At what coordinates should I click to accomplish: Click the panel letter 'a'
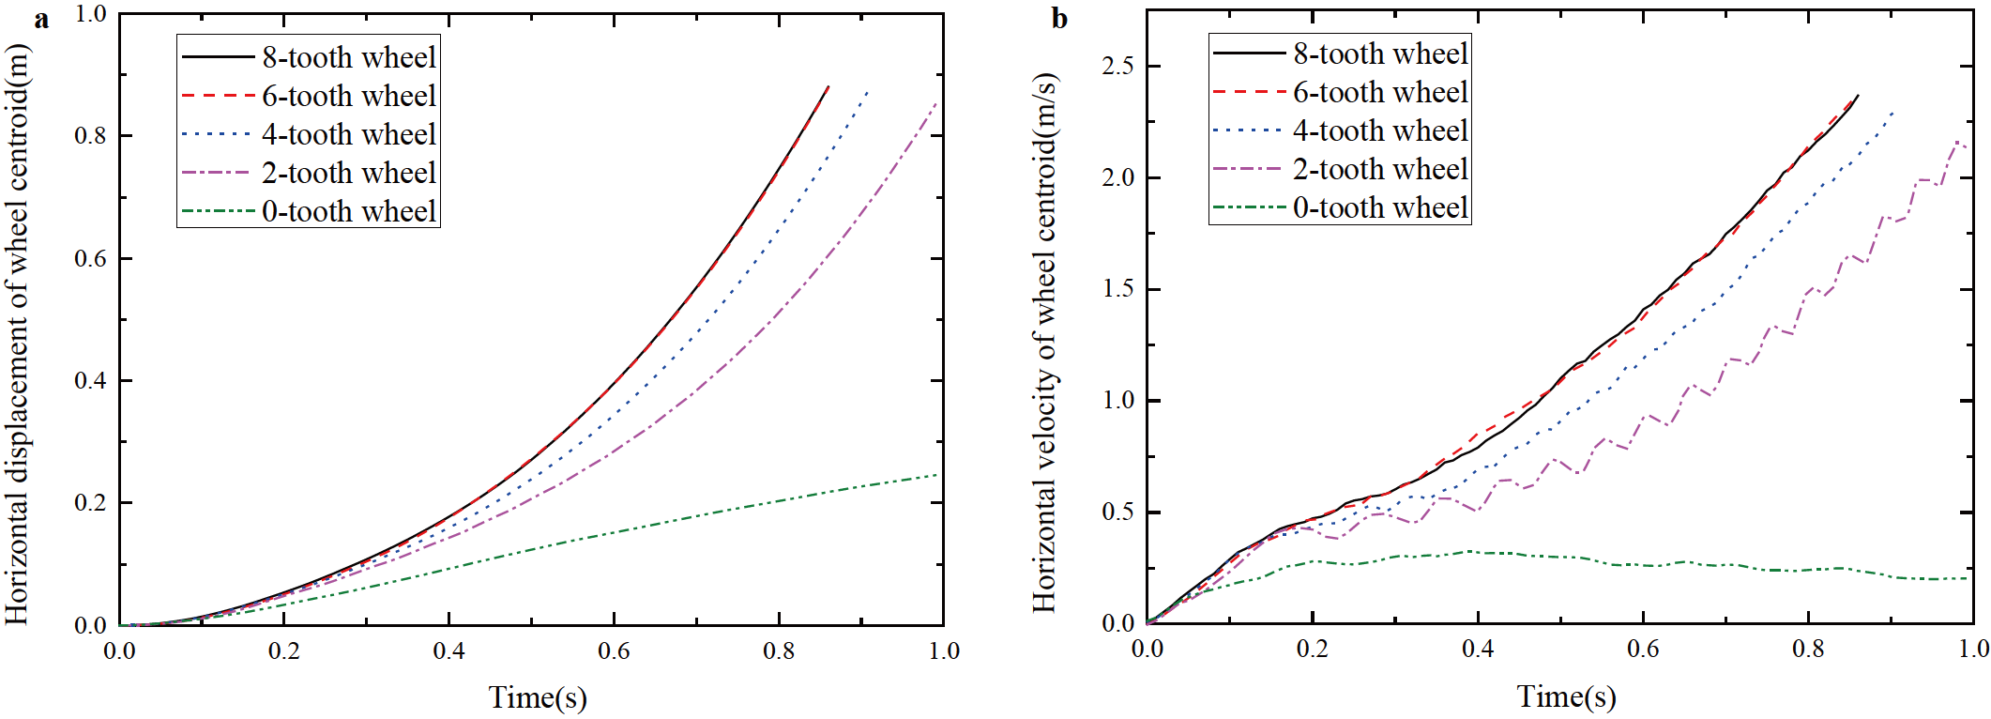click(40, 20)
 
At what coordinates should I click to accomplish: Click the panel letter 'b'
click(1059, 19)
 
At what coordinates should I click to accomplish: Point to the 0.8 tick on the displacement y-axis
click(91, 136)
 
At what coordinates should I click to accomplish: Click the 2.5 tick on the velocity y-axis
click(1117, 66)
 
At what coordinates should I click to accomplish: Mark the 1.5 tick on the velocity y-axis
click(1117, 289)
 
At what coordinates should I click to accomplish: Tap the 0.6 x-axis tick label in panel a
click(614, 650)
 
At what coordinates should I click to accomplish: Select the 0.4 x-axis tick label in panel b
click(1477, 649)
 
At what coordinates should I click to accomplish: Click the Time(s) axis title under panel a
click(538, 697)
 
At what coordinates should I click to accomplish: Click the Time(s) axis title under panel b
click(1566, 696)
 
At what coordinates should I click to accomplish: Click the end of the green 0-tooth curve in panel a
click(936, 475)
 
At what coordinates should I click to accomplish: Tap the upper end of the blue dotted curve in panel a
click(867, 91)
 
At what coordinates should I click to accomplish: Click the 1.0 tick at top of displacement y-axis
click(91, 14)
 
